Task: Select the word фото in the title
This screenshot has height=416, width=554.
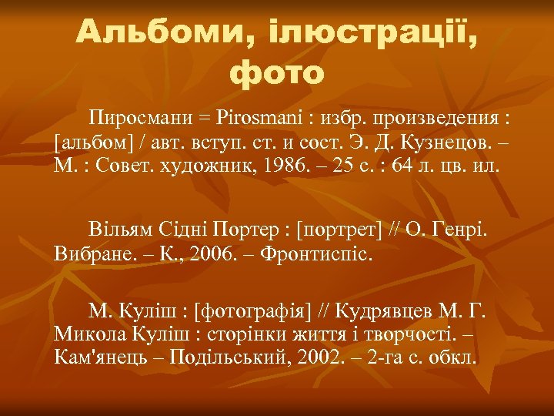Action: (x=278, y=73)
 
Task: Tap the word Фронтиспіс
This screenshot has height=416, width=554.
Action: (x=317, y=253)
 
